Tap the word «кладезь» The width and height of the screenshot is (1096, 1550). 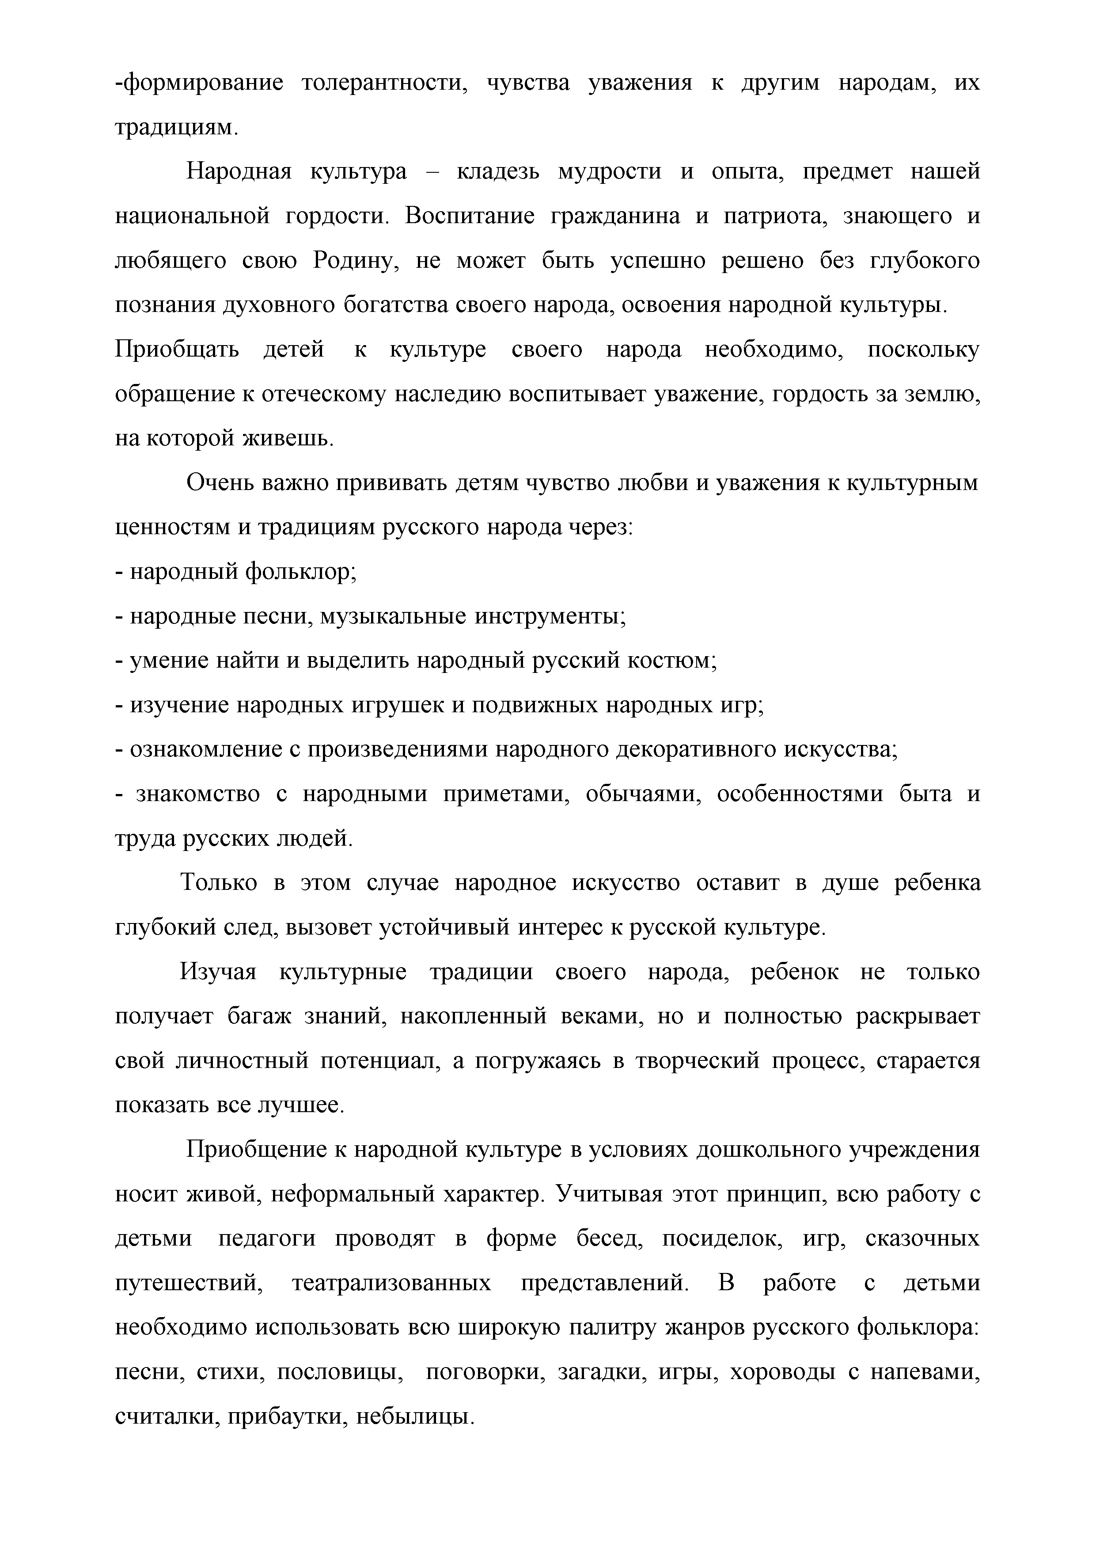pyautogui.click(x=498, y=172)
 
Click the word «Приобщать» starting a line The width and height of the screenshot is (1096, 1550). pyautogui.click(x=177, y=350)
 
